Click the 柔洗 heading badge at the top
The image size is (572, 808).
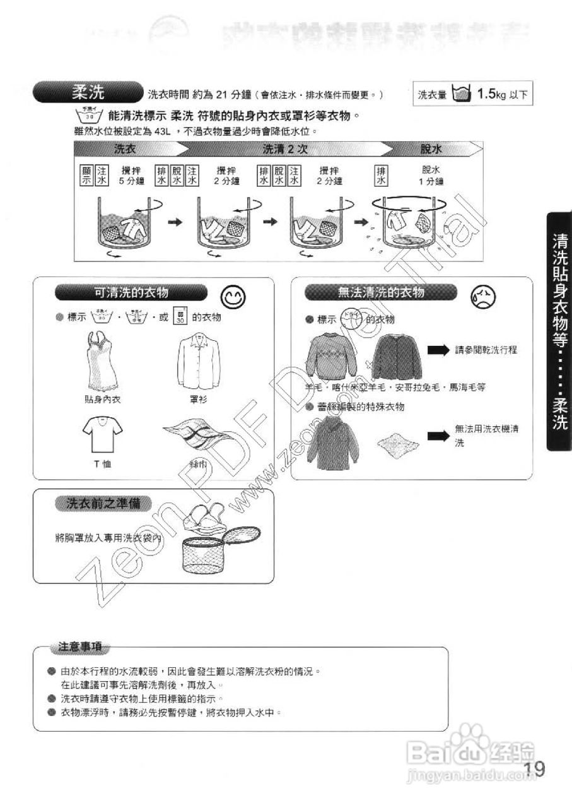[x=88, y=93]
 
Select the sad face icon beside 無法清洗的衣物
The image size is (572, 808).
[x=482, y=295]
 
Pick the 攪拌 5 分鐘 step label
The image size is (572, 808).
[x=131, y=175]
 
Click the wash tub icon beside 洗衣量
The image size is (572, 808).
[x=462, y=95]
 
